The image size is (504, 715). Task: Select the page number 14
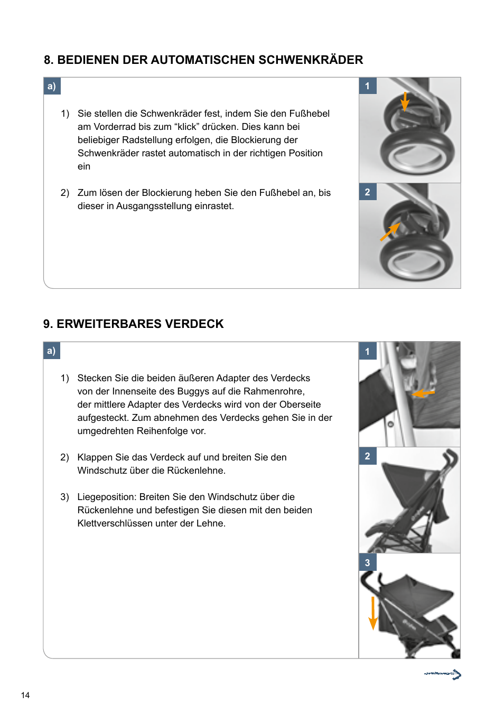[25, 695]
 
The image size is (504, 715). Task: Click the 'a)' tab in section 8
[52, 86]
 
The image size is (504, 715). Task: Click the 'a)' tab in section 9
[52, 351]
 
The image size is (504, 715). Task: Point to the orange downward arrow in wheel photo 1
[405, 101]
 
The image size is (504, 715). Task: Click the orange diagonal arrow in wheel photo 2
[389, 232]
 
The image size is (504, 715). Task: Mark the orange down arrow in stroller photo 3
[373, 613]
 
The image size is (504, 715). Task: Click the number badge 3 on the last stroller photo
[368, 562]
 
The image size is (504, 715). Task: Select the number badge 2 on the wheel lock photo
[368, 192]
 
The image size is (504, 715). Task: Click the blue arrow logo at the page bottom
[443, 674]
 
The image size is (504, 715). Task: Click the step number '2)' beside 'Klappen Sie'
[64, 457]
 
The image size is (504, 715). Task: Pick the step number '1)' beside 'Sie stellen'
[65, 114]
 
